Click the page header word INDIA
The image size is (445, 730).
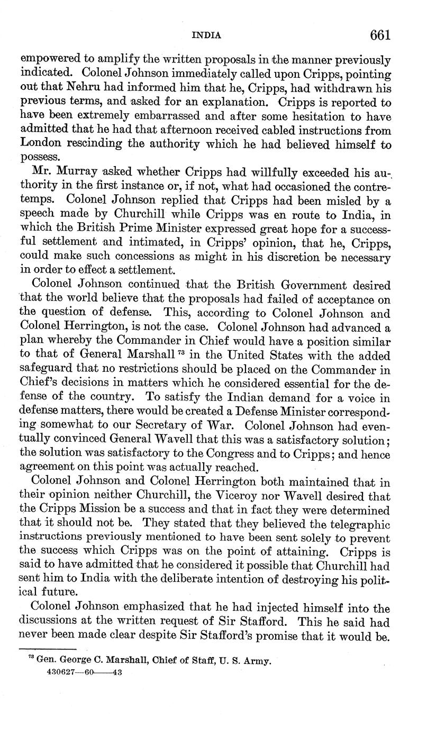(206, 36)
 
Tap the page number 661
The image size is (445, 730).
(380, 35)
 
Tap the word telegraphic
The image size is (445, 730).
(356, 525)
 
